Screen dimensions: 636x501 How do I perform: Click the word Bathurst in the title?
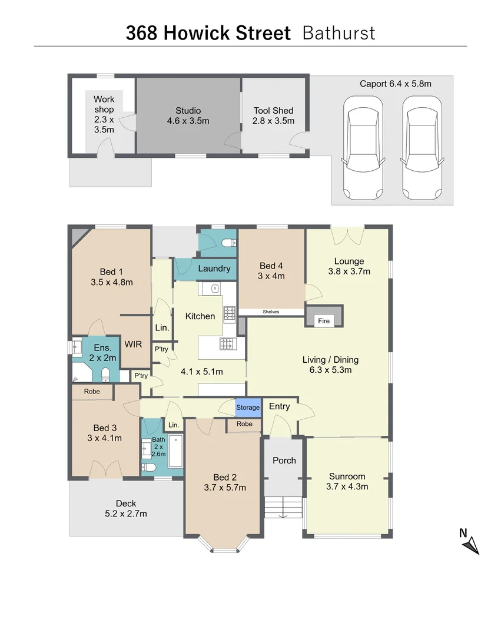pyautogui.click(x=338, y=33)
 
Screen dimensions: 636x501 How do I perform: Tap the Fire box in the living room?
pyautogui.click(x=324, y=321)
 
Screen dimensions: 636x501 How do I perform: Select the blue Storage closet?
pyautogui.click(x=248, y=408)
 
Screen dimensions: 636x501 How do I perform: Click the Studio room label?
pyautogui.click(x=188, y=111)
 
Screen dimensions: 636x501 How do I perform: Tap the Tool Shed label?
pyautogui.click(x=273, y=111)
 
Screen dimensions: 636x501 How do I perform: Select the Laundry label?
pyautogui.click(x=214, y=269)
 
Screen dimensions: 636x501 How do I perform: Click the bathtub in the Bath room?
pyautogui.click(x=176, y=452)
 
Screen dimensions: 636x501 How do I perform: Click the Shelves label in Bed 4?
pyautogui.click(x=271, y=312)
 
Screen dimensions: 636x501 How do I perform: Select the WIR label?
pyautogui.click(x=131, y=343)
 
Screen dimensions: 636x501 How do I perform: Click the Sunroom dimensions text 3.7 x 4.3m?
pyautogui.click(x=347, y=486)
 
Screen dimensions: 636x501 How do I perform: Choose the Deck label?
pyautogui.click(x=126, y=503)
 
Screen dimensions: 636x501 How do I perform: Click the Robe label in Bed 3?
pyautogui.click(x=92, y=392)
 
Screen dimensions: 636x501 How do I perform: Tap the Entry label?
pyautogui.click(x=279, y=406)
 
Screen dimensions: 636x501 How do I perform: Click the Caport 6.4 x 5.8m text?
pyautogui.click(x=395, y=84)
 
